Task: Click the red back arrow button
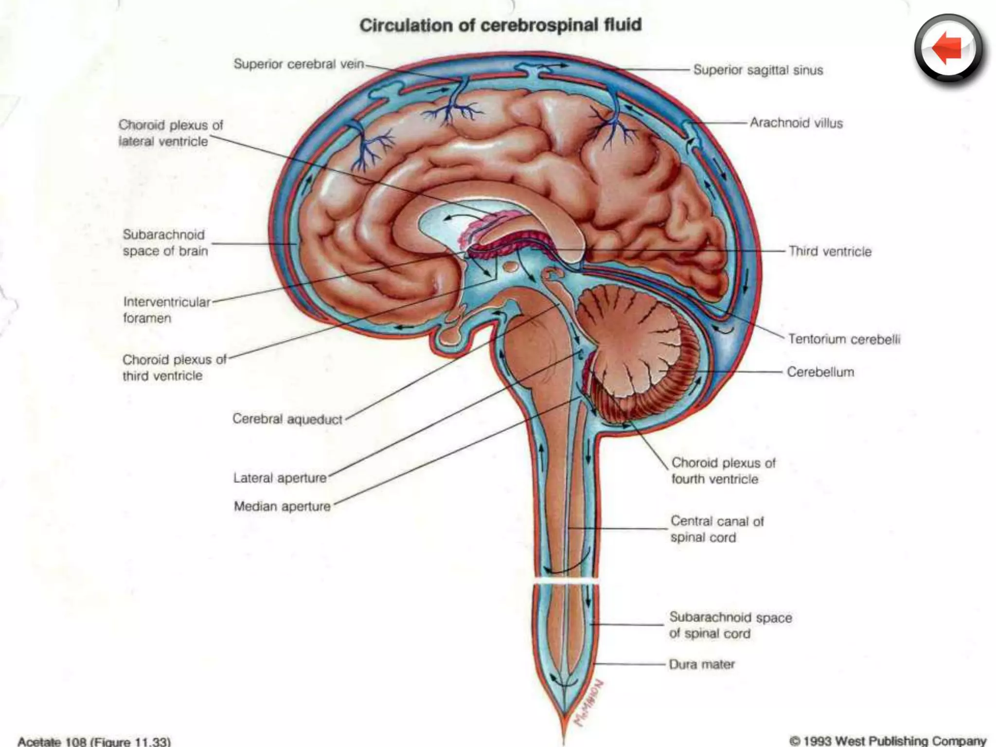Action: pos(948,50)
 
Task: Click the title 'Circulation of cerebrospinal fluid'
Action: pos(500,25)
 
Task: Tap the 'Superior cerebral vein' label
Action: pos(299,64)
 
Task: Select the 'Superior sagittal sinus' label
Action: pos(758,70)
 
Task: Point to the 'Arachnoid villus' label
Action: pos(796,123)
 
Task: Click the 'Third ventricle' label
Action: pos(830,251)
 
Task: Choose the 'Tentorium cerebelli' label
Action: pos(844,339)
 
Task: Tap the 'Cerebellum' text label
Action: pos(820,372)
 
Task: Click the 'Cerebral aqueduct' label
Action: pos(287,419)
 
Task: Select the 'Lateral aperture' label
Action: pos(280,478)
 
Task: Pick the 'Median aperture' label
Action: pos(282,507)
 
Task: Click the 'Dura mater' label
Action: pos(701,664)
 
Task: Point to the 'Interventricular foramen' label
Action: pos(166,310)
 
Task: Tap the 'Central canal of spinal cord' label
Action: pos(717,529)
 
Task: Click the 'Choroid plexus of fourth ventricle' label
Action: pos(723,471)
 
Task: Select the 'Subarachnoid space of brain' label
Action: pos(165,243)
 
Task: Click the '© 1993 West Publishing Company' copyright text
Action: pos(887,741)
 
